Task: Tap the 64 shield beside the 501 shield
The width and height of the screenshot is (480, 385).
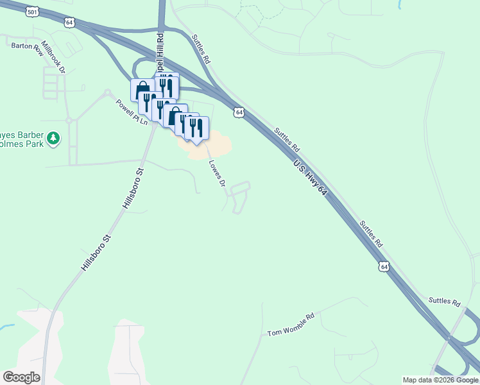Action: pos(69,22)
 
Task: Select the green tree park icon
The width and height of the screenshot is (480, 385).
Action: pos(55,139)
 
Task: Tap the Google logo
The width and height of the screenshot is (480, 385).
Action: pos(21,377)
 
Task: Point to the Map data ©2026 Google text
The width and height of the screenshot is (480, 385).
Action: pos(440,380)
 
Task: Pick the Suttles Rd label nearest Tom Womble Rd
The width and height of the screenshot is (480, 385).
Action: pos(445,301)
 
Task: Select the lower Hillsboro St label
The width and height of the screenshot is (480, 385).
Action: pos(96,255)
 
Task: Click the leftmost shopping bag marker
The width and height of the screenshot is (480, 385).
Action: pos(142,89)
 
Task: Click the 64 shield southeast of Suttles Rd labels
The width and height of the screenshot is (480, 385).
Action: pos(384,266)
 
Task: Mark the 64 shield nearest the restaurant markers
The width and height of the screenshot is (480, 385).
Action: pos(239,112)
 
